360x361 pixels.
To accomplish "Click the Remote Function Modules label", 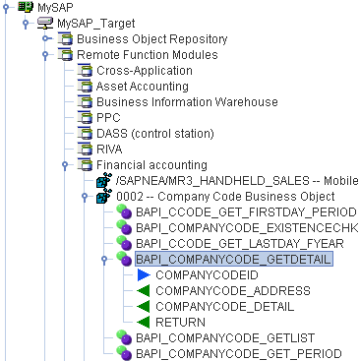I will [148, 54].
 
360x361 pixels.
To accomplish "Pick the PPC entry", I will [109, 118].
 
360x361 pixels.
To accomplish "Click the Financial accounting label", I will [151, 165].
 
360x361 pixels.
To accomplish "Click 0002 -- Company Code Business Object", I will [231, 197].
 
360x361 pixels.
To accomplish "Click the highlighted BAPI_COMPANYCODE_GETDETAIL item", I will [234, 260].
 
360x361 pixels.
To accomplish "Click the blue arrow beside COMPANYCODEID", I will [143, 275].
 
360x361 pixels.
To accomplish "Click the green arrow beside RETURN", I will [143, 323].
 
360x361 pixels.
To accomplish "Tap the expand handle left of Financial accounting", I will [63, 165].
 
